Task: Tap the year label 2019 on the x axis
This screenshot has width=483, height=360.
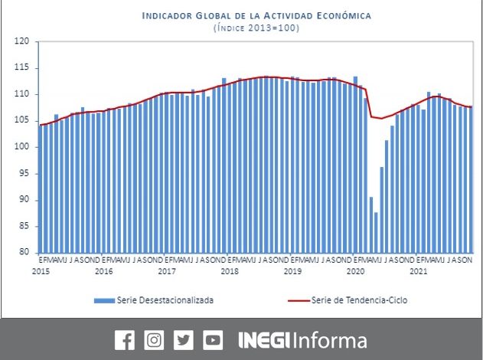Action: (292, 271)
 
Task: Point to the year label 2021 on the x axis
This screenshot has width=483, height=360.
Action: (418, 271)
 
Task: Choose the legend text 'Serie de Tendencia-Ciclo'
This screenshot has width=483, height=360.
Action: (359, 300)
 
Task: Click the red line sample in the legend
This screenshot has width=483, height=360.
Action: (294, 300)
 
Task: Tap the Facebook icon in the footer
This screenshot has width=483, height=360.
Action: (124, 340)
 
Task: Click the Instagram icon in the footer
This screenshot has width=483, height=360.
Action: (154, 340)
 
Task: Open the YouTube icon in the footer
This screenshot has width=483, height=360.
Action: (213, 340)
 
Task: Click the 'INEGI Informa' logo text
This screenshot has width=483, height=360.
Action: (302, 340)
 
